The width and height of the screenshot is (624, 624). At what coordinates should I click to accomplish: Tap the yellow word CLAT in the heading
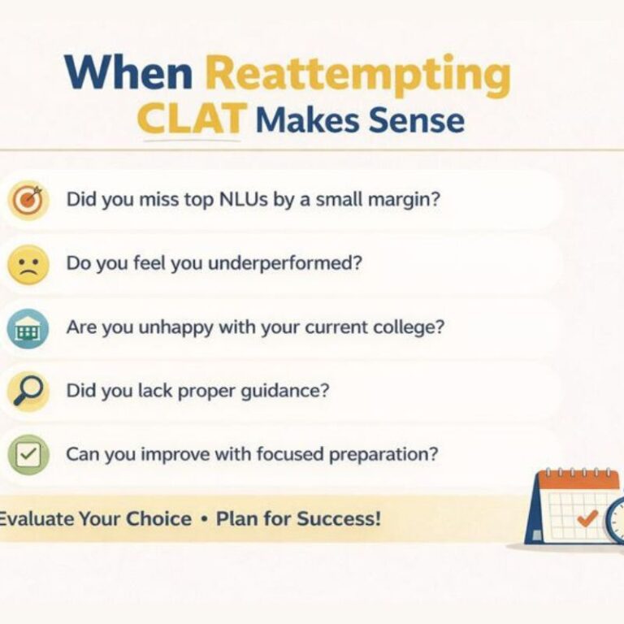pyautogui.click(x=191, y=120)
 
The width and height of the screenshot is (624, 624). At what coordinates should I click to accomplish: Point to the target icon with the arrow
pyautogui.click(x=28, y=200)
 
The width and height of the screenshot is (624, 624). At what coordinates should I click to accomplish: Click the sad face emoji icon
pyautogui.click(x=28, y=264)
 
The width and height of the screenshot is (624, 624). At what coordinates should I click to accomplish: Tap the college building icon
pyautogui.click(x=28, y=329)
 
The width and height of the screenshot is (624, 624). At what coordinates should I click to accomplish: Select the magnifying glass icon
pyautogui.click(x=28, y=392)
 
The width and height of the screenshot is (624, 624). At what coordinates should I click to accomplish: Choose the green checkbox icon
pyautogui.click(x=28, y=455)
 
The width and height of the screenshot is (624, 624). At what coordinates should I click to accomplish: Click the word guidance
pyautogui.click(x=288, y=391)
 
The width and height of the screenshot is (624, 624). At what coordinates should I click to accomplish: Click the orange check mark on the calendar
pyautogui.click(x=586, y=516)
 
